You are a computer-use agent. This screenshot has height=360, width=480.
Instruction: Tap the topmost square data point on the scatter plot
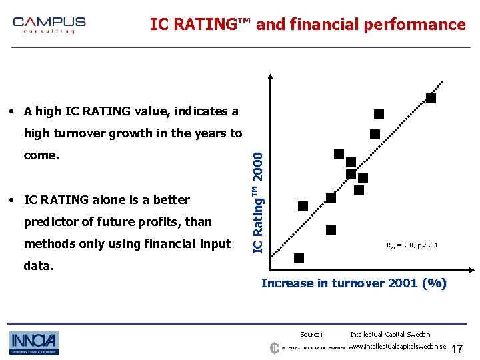point(431,98)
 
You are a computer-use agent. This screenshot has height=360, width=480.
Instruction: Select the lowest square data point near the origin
point(299,258)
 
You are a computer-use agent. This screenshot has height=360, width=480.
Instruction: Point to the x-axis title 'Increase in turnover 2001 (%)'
point(353,283)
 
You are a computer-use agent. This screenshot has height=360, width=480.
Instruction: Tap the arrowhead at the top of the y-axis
point(272,75)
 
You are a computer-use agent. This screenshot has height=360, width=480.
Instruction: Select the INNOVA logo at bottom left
point(34,343)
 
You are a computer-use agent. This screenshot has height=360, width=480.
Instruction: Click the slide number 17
point(457,349)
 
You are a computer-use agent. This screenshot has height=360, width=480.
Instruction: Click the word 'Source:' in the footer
point(311,335)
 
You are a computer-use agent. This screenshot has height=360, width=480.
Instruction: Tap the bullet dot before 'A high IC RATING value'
point(13,111)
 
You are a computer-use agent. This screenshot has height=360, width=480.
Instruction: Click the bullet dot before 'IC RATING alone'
point(13,200)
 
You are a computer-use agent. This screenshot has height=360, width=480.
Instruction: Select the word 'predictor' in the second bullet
point(51,222)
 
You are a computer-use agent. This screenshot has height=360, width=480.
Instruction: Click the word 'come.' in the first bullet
point(41,155)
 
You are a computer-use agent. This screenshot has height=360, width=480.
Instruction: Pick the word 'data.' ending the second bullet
point(38,265)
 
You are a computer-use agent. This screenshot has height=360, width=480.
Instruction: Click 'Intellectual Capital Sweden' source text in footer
point(390,335)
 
